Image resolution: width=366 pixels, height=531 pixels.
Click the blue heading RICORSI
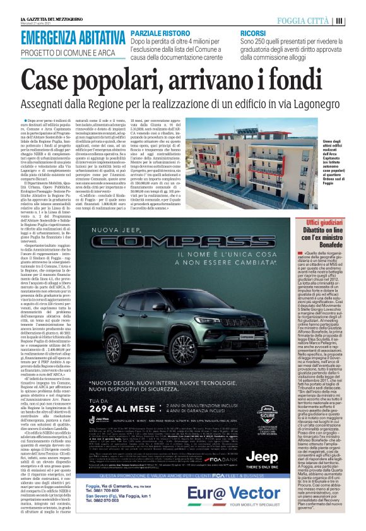252,32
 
